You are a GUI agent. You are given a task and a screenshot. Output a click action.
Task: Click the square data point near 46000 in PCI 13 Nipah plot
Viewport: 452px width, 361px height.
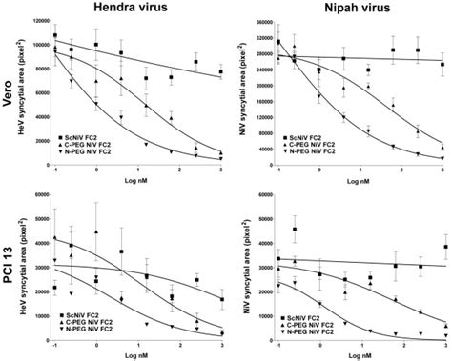coord(295,230)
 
